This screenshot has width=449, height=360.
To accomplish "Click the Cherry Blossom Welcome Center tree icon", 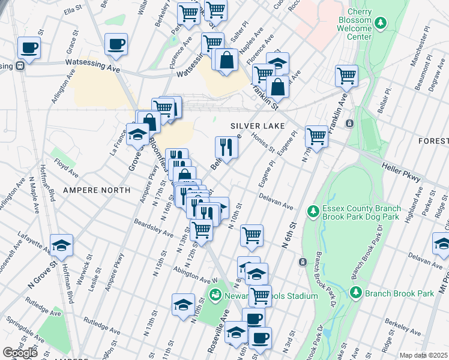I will click(379, 23).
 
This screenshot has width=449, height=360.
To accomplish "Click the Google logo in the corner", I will click(20, 353).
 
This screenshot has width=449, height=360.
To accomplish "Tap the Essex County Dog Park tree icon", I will click(312, 211).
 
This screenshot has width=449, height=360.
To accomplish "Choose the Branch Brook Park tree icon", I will click(356, 293).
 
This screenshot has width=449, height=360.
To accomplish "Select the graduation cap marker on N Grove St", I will click(61, 246).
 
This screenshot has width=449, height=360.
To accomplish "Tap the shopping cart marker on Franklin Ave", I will click(346, 76).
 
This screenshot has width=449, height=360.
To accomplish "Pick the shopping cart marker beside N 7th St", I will click(316, 137).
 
